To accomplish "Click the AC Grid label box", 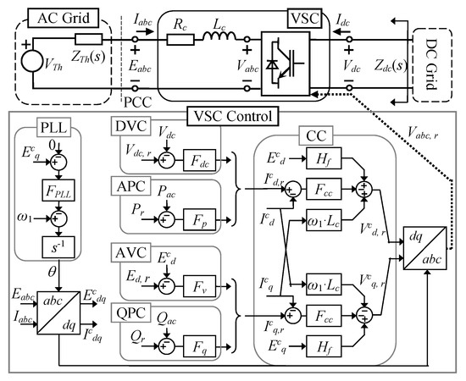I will pos(61,16).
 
